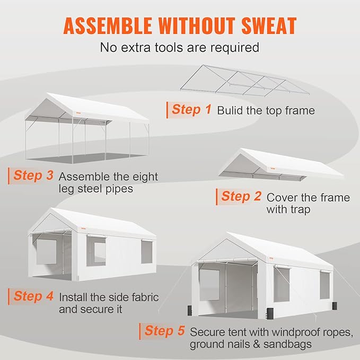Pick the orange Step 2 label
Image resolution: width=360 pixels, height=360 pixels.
[x=241, y=197]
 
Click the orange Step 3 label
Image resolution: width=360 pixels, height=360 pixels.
[x=33, y=175]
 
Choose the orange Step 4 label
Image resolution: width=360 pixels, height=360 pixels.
[x=33, y=296]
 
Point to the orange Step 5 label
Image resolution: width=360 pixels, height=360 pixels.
[x=165, y=332]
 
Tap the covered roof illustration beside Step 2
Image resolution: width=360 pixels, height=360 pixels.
[x=281, y=164]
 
